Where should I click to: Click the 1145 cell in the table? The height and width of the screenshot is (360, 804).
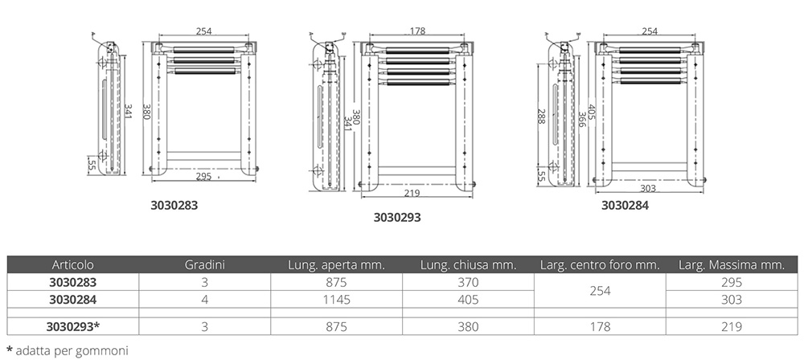pyautogui.click(x=336, y=299)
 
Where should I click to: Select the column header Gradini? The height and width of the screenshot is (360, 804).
pyautogui.click(x=204, y=265)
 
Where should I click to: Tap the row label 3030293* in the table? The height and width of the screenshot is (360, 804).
pyautogui.click(x=73, y=327)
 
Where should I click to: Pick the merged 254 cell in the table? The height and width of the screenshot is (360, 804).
pyautogui.click(x=600, y=291)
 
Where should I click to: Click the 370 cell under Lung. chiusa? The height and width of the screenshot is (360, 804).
pyautogui.click(x=468, y=282)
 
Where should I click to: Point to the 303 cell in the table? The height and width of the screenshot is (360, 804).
pyautogui.click(x=732, y=299)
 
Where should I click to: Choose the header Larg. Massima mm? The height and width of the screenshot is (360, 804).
pyautogui.click(x=732, y=265)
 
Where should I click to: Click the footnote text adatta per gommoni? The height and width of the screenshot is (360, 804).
pyautogui.click(x=72, y=351)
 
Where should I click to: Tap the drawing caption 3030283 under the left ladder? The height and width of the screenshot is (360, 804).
pyautogui.click(x=174, y=205)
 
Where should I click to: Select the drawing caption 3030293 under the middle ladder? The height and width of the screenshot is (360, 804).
pyautogui.click(x=397, y=218)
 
